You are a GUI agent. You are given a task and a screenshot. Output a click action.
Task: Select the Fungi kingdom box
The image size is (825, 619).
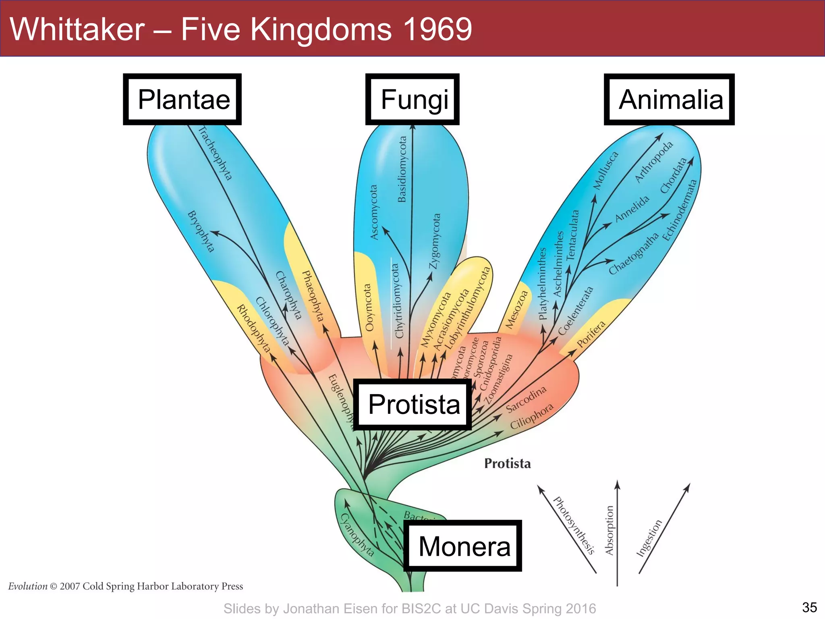[412, 100]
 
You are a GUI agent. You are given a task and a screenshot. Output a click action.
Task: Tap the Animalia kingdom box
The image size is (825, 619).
[670, 100]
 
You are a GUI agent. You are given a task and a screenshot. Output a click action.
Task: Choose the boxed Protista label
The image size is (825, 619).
[413, 405]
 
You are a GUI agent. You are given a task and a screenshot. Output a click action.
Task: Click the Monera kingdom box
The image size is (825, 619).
[463, 546]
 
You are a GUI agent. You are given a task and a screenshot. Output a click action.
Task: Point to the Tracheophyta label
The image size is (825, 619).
[216, 154]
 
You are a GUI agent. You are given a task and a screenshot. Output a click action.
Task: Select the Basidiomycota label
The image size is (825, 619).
[402, 169]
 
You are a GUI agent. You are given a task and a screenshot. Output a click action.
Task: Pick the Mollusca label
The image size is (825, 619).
[605, 170]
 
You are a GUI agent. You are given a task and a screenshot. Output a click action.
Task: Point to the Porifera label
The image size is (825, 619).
[591, 334]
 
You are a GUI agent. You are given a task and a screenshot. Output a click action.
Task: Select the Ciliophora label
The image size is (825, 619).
[532, 416]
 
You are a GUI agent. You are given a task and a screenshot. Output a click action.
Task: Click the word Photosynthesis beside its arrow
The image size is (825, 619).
[574, 526]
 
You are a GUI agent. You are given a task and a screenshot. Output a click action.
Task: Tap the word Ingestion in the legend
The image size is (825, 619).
[649, 538]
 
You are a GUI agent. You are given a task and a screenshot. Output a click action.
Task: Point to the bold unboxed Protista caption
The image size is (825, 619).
[507, 463]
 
